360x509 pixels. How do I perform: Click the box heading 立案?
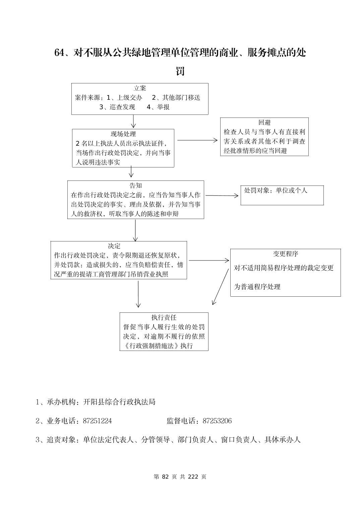click(139, 88)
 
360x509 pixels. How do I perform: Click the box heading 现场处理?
click(123, 134)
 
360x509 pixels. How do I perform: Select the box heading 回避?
click(264, 123)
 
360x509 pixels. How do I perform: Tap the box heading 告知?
click(136, 186)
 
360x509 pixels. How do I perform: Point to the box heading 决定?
click(114, 246)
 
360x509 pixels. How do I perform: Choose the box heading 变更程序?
click(285, 254)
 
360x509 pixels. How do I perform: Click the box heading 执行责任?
click(164, 317)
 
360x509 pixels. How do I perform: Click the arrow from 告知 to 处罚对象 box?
click(222, 196)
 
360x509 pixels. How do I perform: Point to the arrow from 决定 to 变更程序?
click(208, 260)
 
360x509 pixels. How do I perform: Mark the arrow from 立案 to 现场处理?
click(133, 122)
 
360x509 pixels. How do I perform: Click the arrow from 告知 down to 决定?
click(135, 230)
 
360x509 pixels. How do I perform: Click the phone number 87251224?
click(97, 421)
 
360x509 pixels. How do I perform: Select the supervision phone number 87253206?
click(217, 421)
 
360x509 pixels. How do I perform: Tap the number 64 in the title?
click(59, 53)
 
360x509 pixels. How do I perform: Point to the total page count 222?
click(194, 477)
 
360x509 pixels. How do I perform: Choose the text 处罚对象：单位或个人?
click(276, 191)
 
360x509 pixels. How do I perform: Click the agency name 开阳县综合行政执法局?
click(119, 402)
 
